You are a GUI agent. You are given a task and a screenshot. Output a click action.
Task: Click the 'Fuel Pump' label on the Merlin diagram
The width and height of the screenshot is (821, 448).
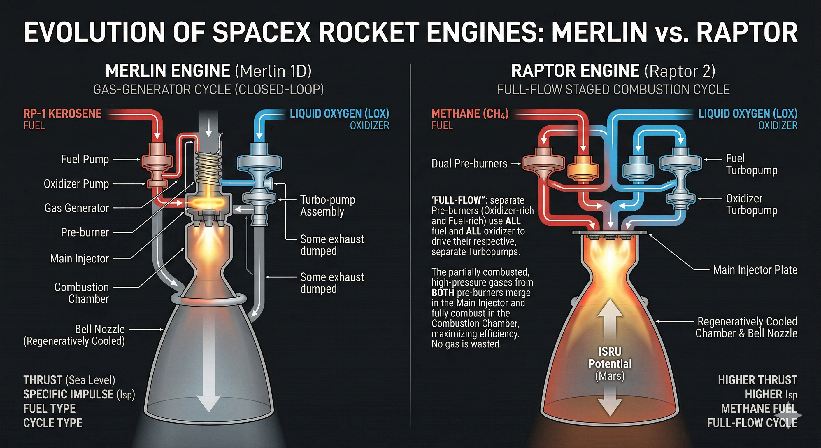tap(85, 159)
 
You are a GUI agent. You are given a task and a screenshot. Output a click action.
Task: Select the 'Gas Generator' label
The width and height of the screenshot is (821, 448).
tap(76, 208)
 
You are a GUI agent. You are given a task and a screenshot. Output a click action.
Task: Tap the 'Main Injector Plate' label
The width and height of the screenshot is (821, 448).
tap(755, 270)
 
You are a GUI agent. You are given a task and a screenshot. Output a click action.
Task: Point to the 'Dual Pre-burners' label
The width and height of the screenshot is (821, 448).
tap(469, 164)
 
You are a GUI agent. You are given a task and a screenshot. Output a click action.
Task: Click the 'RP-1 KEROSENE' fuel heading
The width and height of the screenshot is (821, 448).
tap(62, 113)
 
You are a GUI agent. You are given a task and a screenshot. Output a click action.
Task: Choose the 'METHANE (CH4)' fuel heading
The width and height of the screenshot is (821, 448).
tap(470, 113)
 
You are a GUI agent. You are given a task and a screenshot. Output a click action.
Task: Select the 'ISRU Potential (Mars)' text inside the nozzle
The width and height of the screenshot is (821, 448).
tap(610, 363)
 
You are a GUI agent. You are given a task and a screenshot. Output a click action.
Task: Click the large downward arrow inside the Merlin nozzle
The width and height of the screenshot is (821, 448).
tap(208, 383)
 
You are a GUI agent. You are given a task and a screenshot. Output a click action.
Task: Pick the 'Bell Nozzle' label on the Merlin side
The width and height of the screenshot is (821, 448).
tap(100, 329)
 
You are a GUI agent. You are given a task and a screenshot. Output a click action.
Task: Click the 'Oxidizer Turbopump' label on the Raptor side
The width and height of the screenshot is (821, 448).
tap(752, 204)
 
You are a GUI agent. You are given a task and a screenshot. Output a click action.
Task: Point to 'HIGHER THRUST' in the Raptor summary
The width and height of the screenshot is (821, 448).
tap(757, 380)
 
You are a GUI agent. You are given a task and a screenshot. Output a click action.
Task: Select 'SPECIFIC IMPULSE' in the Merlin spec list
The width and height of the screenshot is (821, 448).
tap(69, 394)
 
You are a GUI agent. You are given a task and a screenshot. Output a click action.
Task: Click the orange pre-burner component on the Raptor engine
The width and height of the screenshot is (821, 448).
tap(583, 168)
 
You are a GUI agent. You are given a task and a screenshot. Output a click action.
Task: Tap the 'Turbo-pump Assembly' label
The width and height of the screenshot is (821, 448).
tap(327, 206)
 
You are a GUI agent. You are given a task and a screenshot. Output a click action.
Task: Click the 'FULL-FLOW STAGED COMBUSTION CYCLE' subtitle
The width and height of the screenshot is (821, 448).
tap(613, 90)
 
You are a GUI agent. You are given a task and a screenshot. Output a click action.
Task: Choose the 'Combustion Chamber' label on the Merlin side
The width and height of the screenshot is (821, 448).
tap(82, 293)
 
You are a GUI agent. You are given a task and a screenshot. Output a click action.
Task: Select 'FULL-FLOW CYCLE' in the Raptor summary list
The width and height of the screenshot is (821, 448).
tap(752, 423)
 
